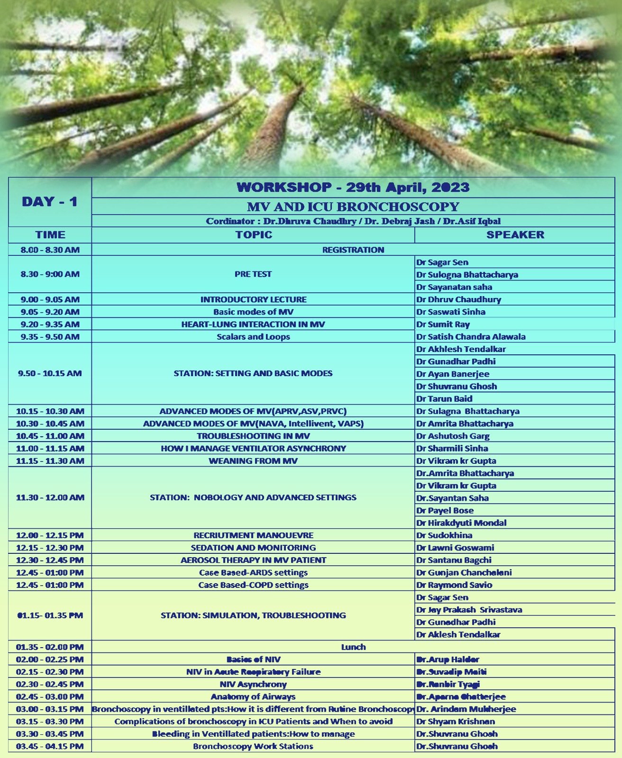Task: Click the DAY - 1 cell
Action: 50,202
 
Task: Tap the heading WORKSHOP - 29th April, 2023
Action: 353,187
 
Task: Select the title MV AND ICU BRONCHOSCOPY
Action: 353,207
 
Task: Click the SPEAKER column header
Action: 515,235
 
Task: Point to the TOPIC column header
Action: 254,235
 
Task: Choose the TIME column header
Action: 50,235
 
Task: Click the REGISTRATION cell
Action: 353,250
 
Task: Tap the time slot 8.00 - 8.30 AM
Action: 50,250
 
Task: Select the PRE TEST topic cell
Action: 253,274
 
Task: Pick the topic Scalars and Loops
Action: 253,337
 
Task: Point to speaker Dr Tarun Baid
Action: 444,398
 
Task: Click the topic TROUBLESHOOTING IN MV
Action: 253,436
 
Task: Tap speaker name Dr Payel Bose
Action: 445,510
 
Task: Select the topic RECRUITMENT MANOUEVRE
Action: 253,535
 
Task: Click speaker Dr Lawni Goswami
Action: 455,548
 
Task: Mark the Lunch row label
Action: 353,647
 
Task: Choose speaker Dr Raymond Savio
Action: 454,585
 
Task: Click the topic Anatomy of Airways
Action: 253,696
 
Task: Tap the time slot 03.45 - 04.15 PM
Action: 50,746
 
